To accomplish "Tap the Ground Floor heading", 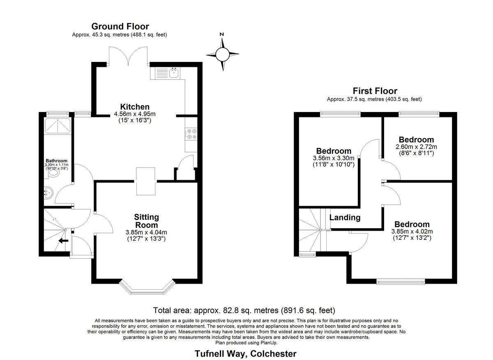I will (120, 27).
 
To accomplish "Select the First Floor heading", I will (375, 91).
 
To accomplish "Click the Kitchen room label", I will (135, 107).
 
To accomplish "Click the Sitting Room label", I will (146, 221).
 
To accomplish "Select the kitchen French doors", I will (129, 55).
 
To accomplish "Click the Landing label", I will (345, 218).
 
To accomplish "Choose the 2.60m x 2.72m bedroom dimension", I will (416, 147).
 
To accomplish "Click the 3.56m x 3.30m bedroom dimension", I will (334, 158).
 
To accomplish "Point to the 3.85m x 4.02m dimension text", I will (412, 232).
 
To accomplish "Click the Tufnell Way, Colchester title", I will (245, 353).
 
